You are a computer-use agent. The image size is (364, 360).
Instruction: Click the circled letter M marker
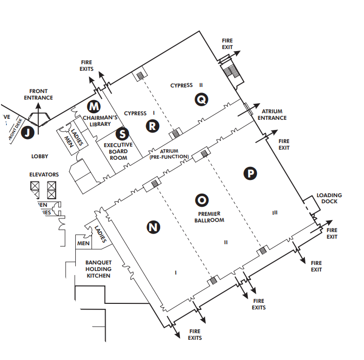point(94,106)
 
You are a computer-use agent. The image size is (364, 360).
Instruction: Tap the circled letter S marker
point(122,134)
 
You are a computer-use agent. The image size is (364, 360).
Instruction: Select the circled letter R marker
point(152,125)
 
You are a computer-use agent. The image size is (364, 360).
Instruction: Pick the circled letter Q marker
point(201,100)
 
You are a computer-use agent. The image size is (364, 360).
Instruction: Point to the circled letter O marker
point(201,200)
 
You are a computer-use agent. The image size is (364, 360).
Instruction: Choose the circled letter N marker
point(153,228)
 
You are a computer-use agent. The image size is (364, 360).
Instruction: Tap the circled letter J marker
point(29,132)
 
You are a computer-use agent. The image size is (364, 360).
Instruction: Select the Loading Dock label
point(329,198)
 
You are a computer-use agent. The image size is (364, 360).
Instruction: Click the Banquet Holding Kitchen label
point(98,269)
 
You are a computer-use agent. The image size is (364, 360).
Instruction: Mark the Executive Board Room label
point(118,151)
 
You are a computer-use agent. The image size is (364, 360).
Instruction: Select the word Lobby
point(39,157)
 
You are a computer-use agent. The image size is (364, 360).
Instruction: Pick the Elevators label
point(44,174)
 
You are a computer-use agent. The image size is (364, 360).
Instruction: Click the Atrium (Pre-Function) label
point(169,154)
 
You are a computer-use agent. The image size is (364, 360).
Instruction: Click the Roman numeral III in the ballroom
point(275,213)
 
